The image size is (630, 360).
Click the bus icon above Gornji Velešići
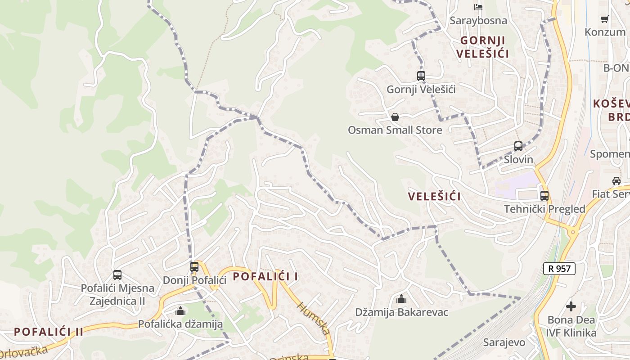(421, 76)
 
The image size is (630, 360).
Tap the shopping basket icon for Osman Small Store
(395, 117)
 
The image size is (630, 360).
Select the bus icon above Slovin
(518, 146)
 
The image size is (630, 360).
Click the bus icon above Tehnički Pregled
(544, 196)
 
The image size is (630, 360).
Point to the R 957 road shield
(559, 269)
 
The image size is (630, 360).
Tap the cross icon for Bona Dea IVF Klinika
(571, 306)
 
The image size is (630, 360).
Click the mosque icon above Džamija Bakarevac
(401, 299)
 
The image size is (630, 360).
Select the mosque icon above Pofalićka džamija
(180, 310)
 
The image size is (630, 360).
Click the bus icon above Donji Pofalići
(194, 266)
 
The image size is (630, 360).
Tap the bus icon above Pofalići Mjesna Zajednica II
(117, 274)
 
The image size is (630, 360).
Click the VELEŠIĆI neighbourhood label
(434, 197)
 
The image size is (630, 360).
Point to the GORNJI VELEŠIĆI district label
(482, 47)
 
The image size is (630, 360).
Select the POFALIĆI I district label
(265, 276)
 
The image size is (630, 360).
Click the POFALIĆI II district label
(49, 332)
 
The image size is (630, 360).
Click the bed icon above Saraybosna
(478, 7)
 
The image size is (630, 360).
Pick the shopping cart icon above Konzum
(605, 19)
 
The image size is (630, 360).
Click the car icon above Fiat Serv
(616, 181)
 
